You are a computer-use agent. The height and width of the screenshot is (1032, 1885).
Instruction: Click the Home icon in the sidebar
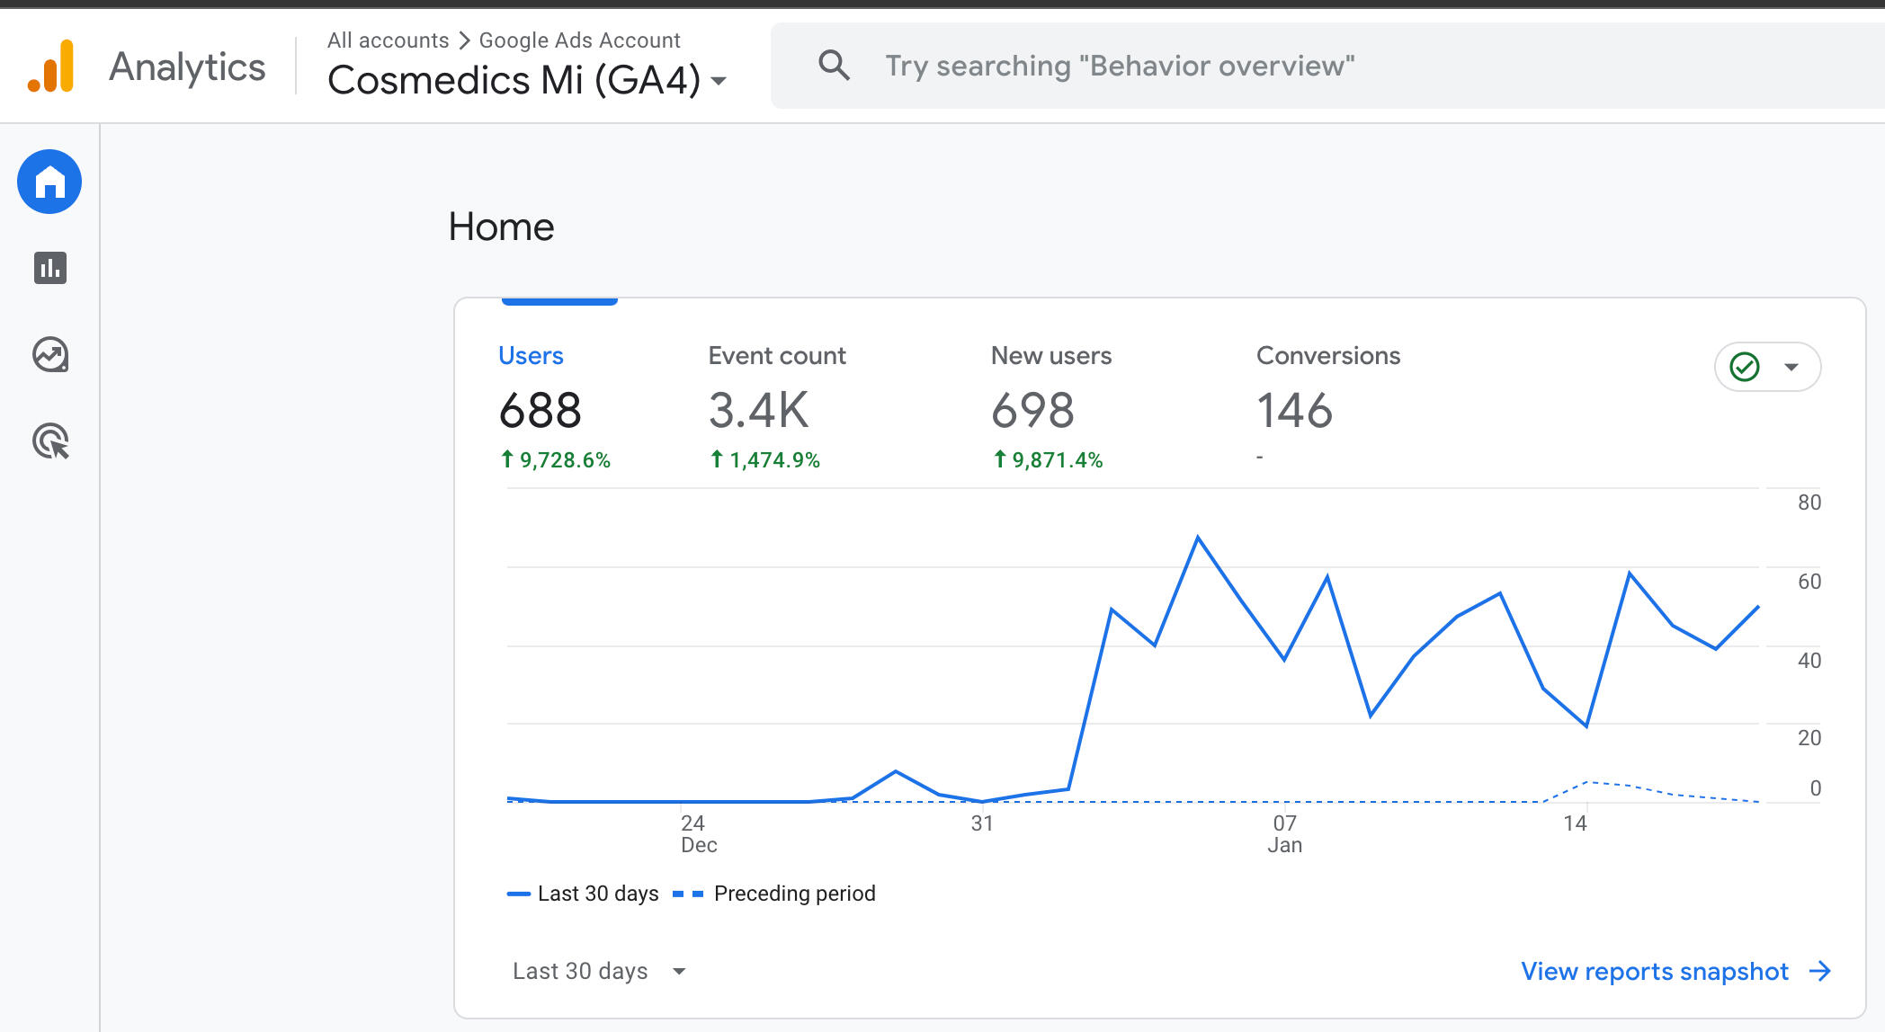coord(49,182)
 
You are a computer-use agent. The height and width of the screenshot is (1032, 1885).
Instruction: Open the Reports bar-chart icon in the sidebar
coord(50,268)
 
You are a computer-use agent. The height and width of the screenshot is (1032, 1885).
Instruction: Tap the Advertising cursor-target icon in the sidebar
coord(51,441)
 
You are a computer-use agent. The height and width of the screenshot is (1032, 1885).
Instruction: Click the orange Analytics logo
coord(51,67)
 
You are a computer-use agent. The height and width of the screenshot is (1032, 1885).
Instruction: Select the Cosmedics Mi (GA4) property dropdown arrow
coord(719,81)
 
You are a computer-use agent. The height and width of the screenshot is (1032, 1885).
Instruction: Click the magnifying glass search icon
coord(834,66)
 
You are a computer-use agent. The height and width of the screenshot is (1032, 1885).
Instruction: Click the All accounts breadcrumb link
coord(388,40)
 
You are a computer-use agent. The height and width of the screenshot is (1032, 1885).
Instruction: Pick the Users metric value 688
coord(540,411)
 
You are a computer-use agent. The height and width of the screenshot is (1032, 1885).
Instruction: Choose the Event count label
coord(777,356)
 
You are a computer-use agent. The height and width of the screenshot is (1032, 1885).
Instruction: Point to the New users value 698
coord(1032,411)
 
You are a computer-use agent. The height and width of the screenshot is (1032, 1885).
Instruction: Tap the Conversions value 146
coord(1294,411)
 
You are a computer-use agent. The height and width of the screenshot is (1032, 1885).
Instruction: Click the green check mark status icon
coord(1745,367)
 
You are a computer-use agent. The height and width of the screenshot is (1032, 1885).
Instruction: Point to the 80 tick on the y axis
coord(1809,503)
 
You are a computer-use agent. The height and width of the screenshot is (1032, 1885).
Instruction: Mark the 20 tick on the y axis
coord(1809,738)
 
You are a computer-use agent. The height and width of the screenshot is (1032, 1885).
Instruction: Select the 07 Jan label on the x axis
coord(1284,833)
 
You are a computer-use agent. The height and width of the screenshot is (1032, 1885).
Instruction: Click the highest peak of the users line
coord(1198,538)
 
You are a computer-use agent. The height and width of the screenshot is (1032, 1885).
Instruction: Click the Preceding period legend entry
coord(793,894)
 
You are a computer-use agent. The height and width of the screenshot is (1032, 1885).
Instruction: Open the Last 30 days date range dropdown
coord(599,971)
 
